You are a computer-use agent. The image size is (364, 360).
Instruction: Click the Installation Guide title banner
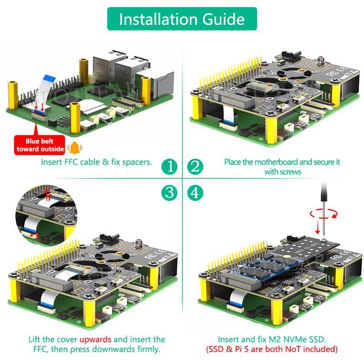click(182, 19)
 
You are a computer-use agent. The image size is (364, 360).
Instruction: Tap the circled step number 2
click(195, 166)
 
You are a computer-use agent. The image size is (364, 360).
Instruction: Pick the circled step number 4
click(195, 192)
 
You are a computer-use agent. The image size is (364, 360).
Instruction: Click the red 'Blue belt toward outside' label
click(40, 145)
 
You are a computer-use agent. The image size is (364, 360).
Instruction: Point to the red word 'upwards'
click(96, 340)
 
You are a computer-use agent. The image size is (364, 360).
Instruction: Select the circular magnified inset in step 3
click(43, 214)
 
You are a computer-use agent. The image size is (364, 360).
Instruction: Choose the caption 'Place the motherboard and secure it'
click(282, 162)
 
